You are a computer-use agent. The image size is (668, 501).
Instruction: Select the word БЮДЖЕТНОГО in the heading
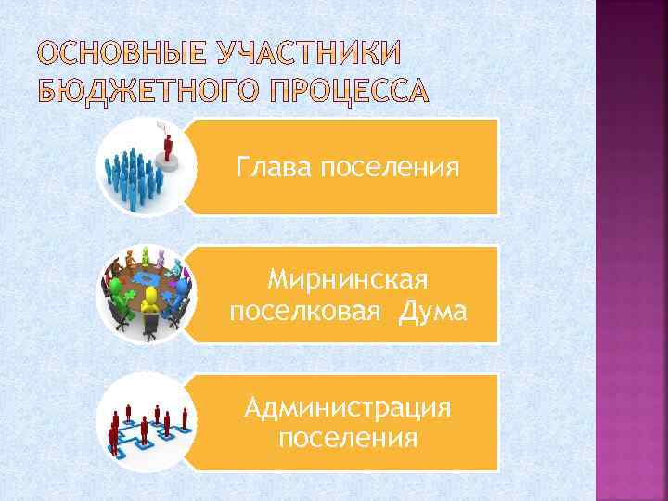(x=142, y=91)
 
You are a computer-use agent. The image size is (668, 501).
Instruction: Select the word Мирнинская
(x=347, y=279)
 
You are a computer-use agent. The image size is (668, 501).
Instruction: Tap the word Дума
(x=431, y=312)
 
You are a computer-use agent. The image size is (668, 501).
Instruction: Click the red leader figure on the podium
(x=169, y=148)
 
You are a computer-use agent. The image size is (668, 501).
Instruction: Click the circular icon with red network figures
(x=146, y=422)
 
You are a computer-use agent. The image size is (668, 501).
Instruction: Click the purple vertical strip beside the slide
(x=631, y=250)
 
